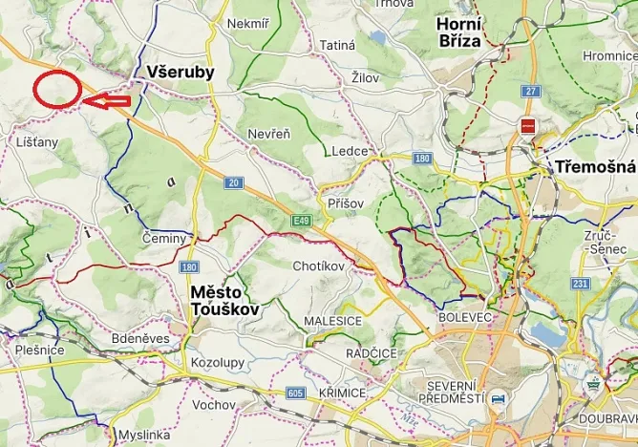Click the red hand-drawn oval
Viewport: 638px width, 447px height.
pyautogui.click(x=56, y=89)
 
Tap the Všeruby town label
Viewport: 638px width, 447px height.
pyautogui.click(x=181, y=73)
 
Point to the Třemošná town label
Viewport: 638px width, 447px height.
pyautogui.click(x=592, y=167)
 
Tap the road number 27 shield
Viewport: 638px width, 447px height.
pyautogui.click(x=531, y=91)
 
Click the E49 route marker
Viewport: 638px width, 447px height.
pyautogui.click(x=303, y=221)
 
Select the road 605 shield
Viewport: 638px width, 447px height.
pyautogui.click(x=294, y=393)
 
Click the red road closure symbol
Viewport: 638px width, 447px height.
pyautogui.click(x=527, y=126)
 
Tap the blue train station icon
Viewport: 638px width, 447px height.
pyautogui.click(x=497, y=398)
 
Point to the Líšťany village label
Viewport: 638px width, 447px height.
pyautogui.click(x=37, y=141)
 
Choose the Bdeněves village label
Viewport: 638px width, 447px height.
pyautogui.click(x=140, y=338)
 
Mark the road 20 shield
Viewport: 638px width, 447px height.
pyautogui.click(x=232, y=181)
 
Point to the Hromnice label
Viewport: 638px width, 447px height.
pyautogui.click(x=609, y=56)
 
